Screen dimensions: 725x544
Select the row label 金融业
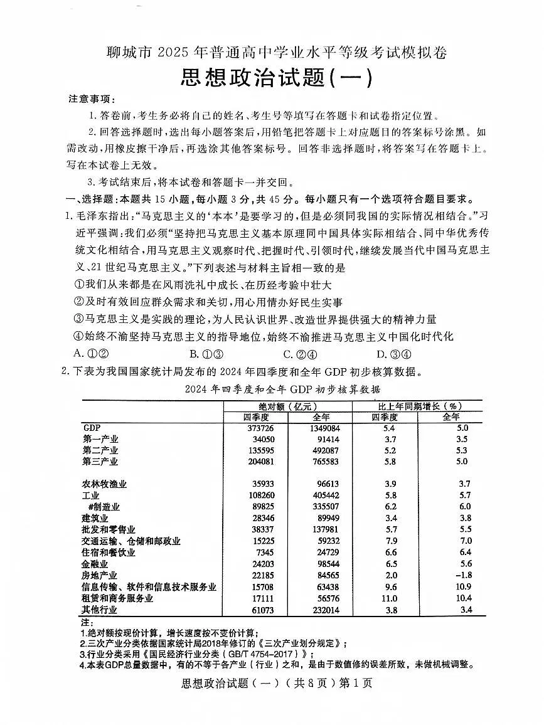pos(95,564)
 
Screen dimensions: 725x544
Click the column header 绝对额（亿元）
pos(288,405)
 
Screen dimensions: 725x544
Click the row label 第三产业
pos(100,462)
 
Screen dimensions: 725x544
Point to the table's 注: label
pos(87,622)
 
